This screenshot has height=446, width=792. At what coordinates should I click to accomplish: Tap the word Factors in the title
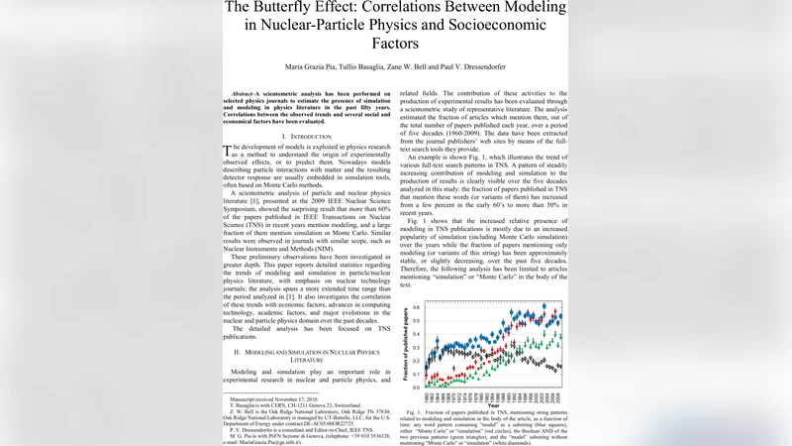[x=395, y=45]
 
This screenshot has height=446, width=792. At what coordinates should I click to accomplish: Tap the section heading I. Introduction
[x=306, y=136]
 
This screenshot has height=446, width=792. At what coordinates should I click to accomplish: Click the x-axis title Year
[x=493, y=404]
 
